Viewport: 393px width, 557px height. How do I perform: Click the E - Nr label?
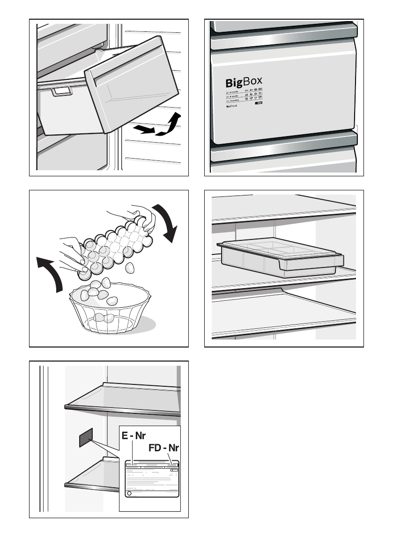pyautogui.click(x=133, y=436)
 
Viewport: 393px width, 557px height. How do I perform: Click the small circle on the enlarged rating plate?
pyautogui.click(x=129, y=494)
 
